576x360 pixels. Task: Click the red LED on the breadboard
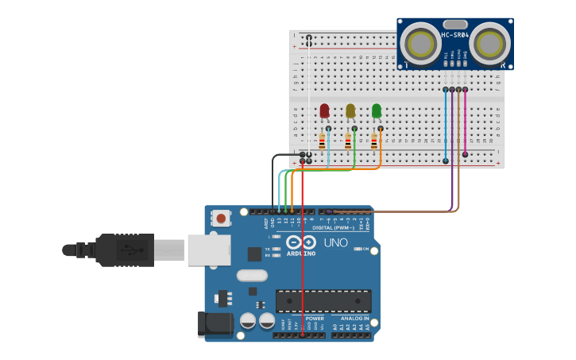tap(324, 110)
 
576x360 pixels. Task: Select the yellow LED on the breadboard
tap(350, 110)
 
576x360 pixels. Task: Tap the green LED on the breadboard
tap(377, 110)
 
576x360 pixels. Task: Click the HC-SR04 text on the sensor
tap(455, 34)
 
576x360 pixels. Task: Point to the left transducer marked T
tap(419, 43)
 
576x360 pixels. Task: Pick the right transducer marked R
tap(490, 43)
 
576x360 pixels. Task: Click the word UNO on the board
tap(335, 242)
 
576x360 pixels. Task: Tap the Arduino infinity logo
tap(301, 242)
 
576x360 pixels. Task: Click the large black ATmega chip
tap(323, 301)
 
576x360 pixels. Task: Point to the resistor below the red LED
tap(322, 142)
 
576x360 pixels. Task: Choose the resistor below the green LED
tap(374, 142)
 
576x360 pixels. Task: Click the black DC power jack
tap(215, 323)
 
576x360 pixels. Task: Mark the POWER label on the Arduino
tap(315, 319)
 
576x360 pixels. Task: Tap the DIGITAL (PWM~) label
tap(334, 227)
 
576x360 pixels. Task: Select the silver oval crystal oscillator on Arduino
tap(252, 276)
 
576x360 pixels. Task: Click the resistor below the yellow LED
tap(348, 142)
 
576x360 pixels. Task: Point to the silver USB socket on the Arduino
tap(209, 250)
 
